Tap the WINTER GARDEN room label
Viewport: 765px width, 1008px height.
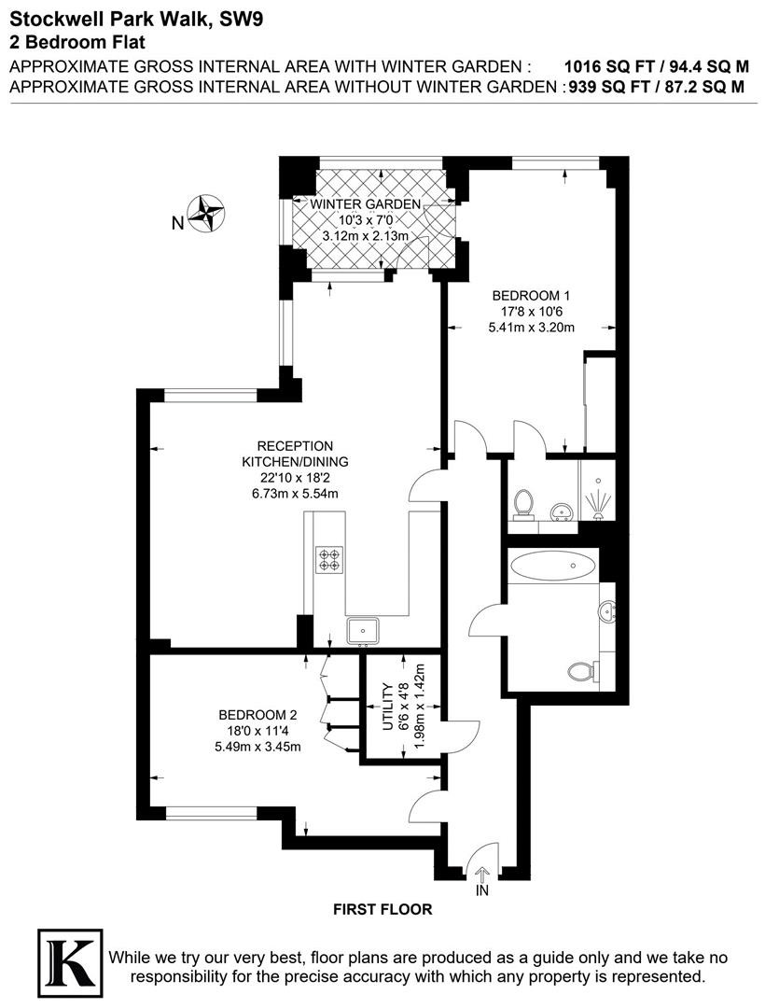click(366, 204)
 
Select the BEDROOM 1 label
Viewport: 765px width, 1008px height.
click(531, 296)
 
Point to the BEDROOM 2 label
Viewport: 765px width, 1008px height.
click(257, 715)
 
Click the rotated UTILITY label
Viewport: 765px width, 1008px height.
click(387, 707)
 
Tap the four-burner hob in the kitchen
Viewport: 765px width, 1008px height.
click(329, 559)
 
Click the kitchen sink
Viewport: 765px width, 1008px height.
click(364, 631)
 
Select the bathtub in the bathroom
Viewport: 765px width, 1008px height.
click(552, 566)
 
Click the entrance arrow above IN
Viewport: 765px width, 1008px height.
click(482, 873)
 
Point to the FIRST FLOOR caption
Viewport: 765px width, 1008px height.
click(382, 909)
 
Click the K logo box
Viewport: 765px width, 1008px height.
click(70, 963)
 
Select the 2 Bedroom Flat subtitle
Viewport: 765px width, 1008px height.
click(77, 42)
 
